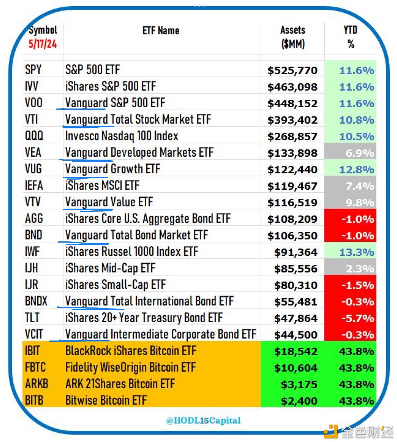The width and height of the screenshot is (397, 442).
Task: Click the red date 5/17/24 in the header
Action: pyautogui.click(x=43, y=44)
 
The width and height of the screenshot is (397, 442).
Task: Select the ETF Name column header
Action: pyautogui.click(x=161, y=30)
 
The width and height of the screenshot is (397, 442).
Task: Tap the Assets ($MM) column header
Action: pyautogui.click(x=293, y=37)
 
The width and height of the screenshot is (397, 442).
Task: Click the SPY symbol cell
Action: pyautogui.click(x=33, y=70)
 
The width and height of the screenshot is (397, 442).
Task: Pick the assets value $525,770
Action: pyautogui.click(x=292, y=70)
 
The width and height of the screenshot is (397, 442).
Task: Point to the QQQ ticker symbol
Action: pyautogui.click(x=34, y=136)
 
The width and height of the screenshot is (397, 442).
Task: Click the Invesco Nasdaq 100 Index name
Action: pyautogui.click(x=122, y=136)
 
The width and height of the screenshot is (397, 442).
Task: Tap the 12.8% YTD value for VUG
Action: pyautogui.click(x=356, y=170)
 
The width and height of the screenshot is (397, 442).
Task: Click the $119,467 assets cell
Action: pyautogui.click(x=292, y=186)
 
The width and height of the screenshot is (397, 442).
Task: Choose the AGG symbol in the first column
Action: pyautogui.click(x=34, y=219)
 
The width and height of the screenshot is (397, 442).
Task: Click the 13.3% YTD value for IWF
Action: pyautogui.click(x=356, y=252)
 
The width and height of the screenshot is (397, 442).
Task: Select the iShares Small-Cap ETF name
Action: pyautogui.click(x=115, y=285)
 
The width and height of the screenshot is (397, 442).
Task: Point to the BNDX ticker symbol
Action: pyautogui.click(x=36, y=301)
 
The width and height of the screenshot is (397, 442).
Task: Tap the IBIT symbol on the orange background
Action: pyautogui.click(x=32, y=351)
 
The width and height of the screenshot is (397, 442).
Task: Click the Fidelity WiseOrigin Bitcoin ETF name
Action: pyautogui.click(x=130, y=368)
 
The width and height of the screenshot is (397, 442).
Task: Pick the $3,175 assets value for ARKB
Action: pyautogui.click(x=299, y=384)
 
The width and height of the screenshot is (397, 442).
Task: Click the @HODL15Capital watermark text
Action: pyautogui.click(x=203, y=420)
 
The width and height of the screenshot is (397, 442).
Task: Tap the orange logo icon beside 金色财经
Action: pyautogui.click(x=331, y=431)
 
